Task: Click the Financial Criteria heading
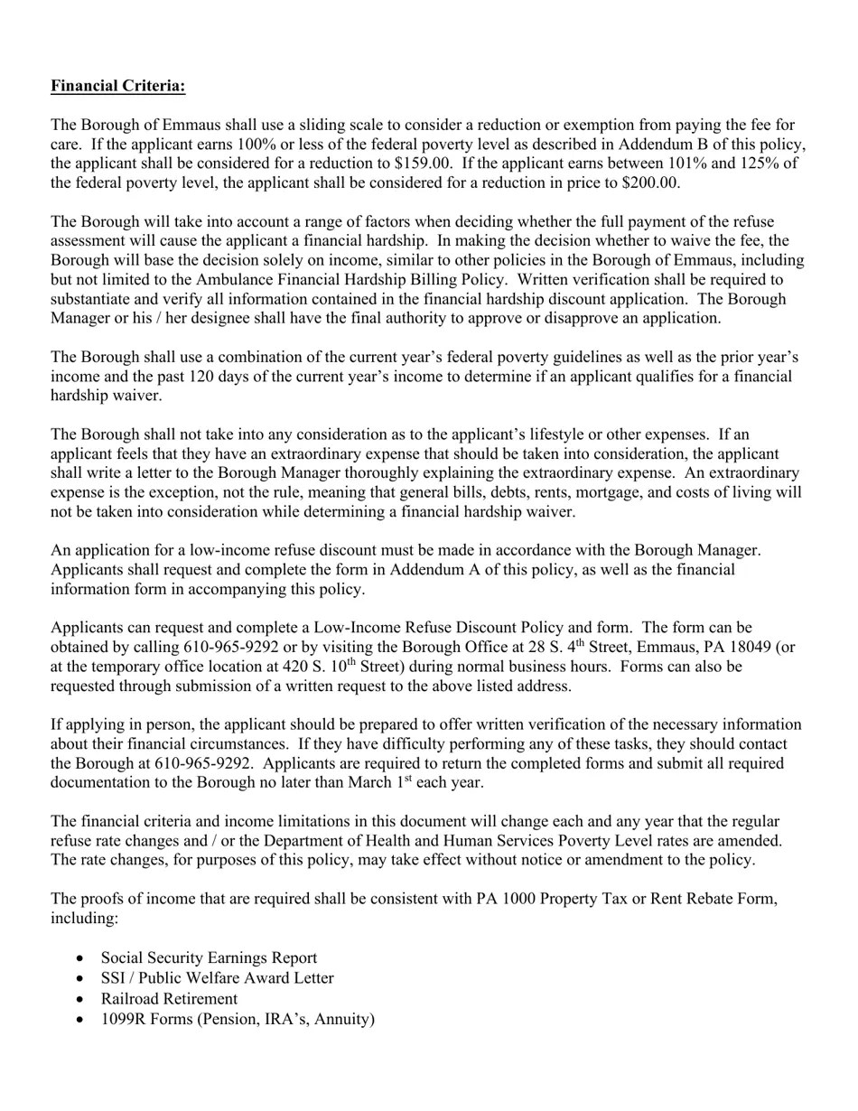(117, 86)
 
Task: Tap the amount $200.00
(650, 182)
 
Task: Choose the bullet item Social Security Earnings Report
(209, 957)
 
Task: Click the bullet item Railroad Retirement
(169, 998)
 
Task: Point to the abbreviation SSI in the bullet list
(113, 978)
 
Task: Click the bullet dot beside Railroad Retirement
(82, 999)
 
